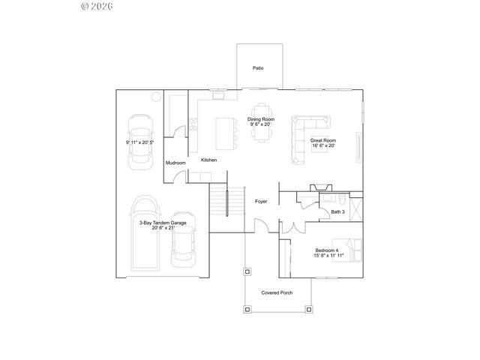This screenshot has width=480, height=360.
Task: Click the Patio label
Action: point(258,68)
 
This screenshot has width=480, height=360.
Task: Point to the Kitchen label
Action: point(208,160)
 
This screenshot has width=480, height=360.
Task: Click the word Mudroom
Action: point(175,163)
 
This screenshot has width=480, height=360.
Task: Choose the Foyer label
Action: point(261,201)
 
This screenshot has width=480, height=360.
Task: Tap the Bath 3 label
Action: point(337,212)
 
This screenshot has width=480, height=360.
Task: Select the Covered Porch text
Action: point(277,292)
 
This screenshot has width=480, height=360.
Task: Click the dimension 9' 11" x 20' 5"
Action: point(140,142)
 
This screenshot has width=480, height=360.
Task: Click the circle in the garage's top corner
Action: point(155,96)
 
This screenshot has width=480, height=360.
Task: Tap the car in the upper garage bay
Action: point(140,141)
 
